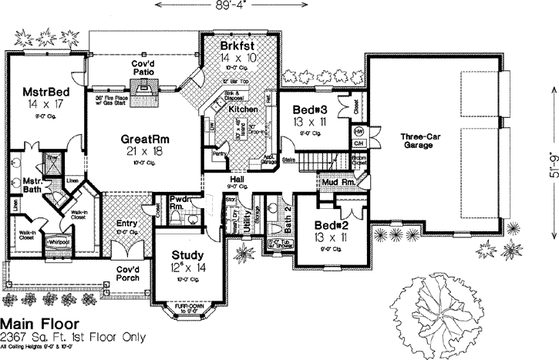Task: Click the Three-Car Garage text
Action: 421,141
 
